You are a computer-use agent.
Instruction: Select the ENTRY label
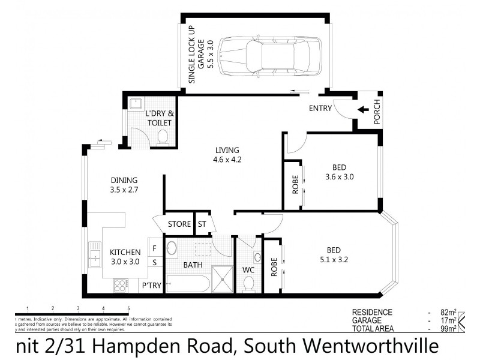[x=321, y=109]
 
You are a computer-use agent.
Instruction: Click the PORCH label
[x=377, y=113]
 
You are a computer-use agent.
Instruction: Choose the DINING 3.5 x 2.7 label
[x=124, y=184]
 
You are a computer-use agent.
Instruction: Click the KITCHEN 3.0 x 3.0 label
[x=125, y=257]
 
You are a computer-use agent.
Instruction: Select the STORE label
[x=179, y=224]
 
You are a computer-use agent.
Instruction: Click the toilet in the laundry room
[x=161, y=139]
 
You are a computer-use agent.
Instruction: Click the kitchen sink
[x=94, y=255]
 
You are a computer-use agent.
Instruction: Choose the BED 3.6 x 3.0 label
[x=338, y=172]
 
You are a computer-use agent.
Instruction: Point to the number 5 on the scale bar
[x=128, y=308]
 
